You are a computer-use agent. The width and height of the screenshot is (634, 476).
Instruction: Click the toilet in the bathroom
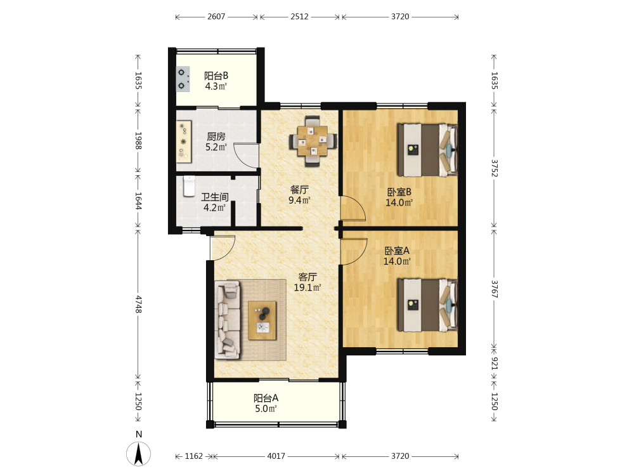point(189,186)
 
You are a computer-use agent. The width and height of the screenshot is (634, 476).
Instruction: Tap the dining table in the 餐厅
point(313,141)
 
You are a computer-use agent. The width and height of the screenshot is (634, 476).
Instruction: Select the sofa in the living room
point(228,320)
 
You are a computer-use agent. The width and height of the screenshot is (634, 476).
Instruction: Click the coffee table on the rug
point(262,321)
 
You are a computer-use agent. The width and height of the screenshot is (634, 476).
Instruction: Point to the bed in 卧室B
point(427,150)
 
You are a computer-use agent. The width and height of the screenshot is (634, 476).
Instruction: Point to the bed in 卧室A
point(427,305)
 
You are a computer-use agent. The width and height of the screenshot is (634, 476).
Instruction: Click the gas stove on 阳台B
point(183,79)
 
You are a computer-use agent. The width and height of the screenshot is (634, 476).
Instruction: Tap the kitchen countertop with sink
point(184,142)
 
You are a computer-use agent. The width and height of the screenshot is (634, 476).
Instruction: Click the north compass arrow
point(139,454)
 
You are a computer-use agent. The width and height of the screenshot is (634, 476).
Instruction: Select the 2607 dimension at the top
point(216,17)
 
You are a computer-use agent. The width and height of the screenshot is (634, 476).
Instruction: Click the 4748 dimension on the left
point(138,304)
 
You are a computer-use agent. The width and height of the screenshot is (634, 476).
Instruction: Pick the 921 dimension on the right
point(494,363)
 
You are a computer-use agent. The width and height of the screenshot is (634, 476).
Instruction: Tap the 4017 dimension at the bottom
point(276,456)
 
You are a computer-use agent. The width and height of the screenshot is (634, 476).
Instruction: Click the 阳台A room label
point(266,398)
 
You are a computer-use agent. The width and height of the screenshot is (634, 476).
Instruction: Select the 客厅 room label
point(307,277)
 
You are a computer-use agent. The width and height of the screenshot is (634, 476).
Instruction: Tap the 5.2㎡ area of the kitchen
point(216,147)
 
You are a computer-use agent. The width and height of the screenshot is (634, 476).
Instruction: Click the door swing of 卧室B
point(353,208)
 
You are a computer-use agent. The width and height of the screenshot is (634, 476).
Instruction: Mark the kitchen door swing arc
point(245,155)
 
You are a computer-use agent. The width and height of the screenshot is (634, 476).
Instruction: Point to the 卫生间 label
point(215,197)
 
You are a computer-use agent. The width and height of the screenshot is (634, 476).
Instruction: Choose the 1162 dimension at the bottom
point(193,456)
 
